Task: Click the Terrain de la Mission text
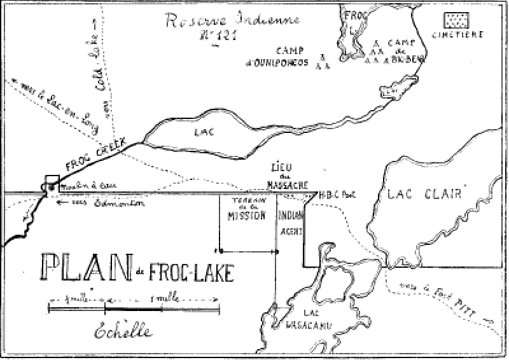pyautogui.click(x=244, y=211)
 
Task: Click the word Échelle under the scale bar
pyautogui.click(x=116, y=332)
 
